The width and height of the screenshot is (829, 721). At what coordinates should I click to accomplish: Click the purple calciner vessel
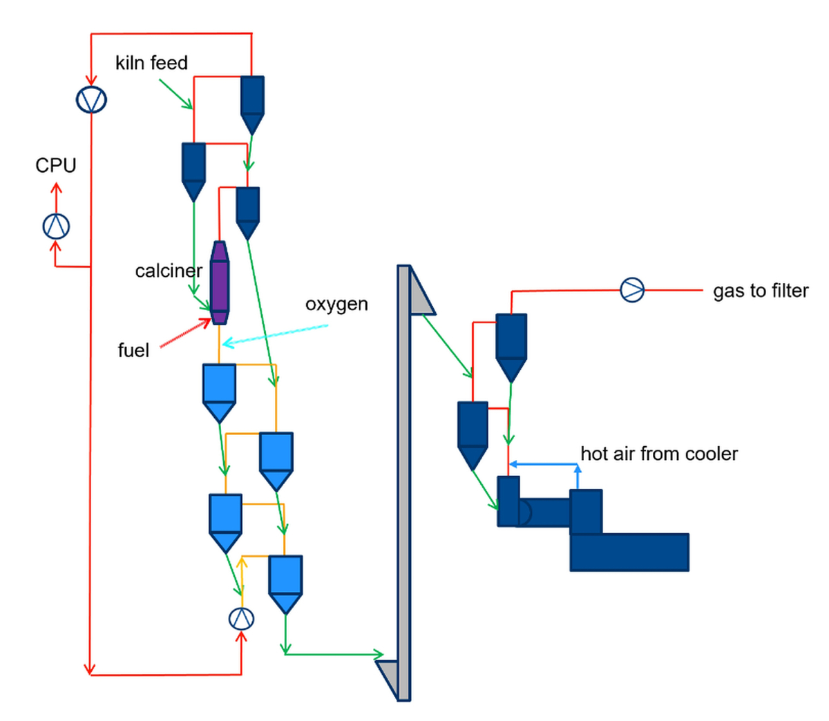coord(219,282)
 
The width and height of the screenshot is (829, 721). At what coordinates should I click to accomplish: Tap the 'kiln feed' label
coord(151,63)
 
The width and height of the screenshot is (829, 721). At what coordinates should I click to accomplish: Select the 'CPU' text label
coord(56,166)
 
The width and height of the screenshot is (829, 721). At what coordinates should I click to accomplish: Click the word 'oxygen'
coord(336,305)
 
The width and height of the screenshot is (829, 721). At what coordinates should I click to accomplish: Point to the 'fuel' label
coord(133,351)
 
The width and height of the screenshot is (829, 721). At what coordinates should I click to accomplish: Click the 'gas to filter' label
coord(761,291)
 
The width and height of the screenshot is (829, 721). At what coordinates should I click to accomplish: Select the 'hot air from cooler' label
coord(659,454)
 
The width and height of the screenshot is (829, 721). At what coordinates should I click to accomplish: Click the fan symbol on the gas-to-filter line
coord(632,289)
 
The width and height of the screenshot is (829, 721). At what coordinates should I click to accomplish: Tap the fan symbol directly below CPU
coord(56,226)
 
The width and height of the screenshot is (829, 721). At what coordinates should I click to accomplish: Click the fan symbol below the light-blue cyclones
coord(241,618)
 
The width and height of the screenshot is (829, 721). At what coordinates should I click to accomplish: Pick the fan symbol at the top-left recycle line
coord(91,99)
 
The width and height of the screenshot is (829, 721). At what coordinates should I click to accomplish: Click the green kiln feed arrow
coord(175,94)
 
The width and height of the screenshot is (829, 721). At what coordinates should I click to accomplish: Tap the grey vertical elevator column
coord(403,483)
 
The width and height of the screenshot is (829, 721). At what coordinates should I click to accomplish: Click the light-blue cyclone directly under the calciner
coord(219,391)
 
